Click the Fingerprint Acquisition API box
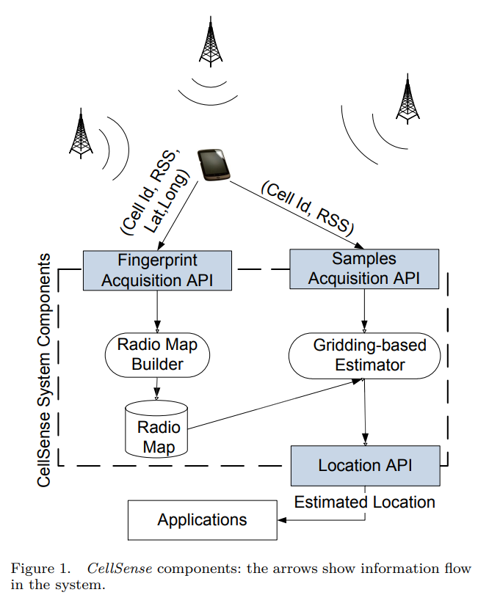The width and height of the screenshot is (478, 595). click(x=157, y=269)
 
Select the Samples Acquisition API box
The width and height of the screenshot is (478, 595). click(x=364, y=269)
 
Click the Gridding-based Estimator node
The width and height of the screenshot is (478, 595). click(x=364, y=355)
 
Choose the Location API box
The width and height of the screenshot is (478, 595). click(x=364, y=465)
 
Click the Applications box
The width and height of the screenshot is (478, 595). click(x=202, y=520)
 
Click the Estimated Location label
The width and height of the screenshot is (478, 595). click(x=365, y=503)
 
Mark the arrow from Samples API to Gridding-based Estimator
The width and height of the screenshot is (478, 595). click(x=364, y=311)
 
